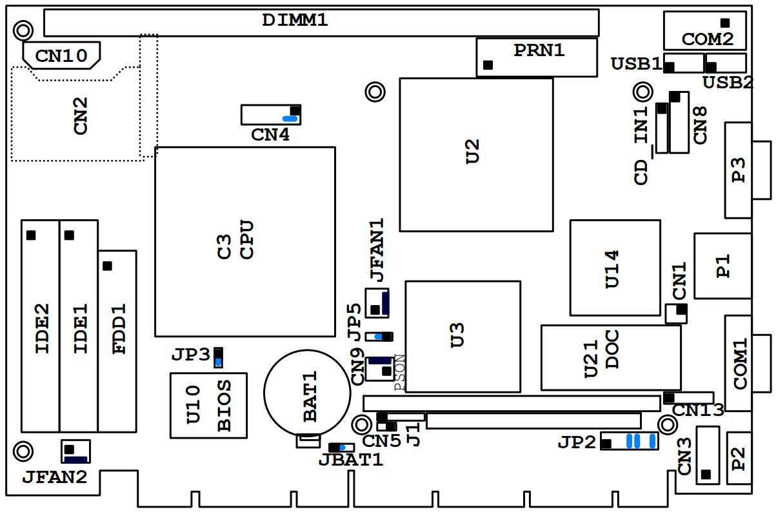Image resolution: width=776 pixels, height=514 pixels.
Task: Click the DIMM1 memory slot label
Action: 295,20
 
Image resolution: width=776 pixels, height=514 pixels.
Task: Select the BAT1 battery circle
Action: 307,391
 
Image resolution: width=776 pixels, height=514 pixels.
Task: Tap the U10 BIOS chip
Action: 208,405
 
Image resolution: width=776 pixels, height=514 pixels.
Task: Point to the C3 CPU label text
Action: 235,240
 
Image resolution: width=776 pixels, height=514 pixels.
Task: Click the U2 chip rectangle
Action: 476,154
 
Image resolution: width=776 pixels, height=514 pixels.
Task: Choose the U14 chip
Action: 615,268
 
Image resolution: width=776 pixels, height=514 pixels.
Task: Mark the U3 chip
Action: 463,336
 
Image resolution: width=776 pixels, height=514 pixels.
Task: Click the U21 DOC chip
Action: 610,358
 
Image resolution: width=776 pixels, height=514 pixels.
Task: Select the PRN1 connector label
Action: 539,50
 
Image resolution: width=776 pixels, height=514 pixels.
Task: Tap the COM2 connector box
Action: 704,30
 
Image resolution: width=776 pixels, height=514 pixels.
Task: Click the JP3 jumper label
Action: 191,355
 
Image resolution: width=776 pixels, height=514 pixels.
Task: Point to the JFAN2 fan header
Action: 75,451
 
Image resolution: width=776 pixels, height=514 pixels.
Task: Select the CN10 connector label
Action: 61,56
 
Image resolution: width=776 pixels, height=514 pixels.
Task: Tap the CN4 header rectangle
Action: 271,115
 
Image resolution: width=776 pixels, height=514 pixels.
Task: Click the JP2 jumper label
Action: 577,442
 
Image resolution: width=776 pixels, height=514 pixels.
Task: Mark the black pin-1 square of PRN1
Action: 488,65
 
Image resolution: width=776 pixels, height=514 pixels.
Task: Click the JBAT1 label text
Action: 350,460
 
